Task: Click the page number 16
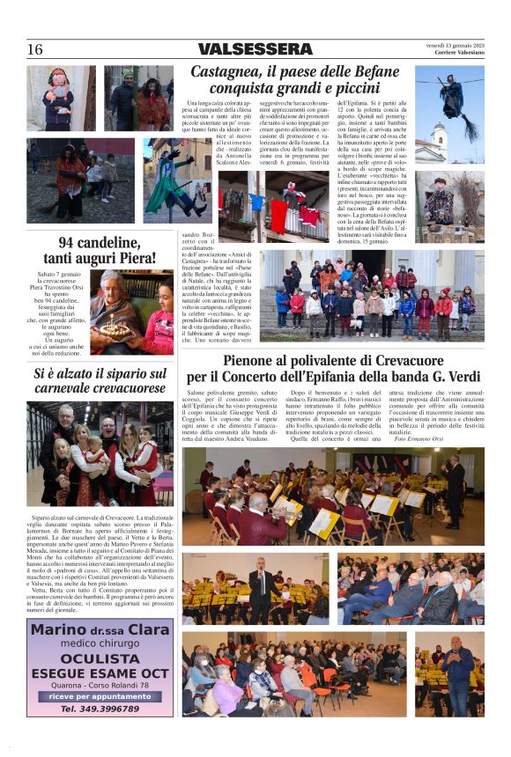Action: (34, 49)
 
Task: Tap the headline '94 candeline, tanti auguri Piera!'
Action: (100, 252)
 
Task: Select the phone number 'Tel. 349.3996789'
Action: (100, 709)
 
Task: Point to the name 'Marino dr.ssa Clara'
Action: (100, 630)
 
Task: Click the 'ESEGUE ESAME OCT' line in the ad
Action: (100, 672)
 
